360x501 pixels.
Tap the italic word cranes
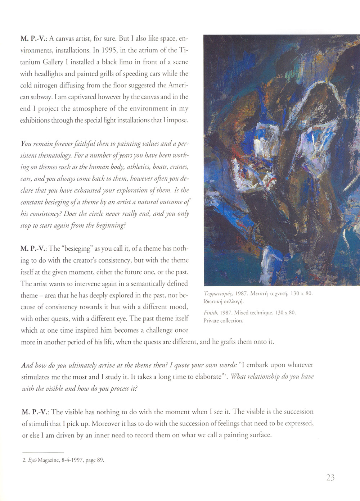179,167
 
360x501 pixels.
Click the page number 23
330,478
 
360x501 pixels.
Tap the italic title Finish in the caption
211,313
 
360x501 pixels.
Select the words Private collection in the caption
223,320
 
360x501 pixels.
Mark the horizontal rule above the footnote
43,452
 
